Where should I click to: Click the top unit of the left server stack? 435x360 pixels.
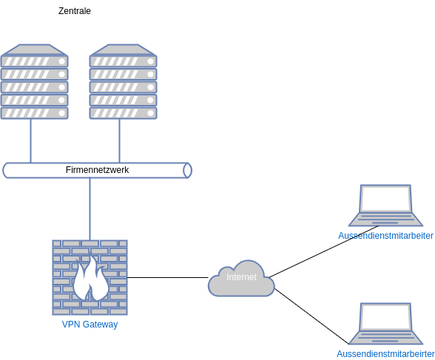tap(34, 59)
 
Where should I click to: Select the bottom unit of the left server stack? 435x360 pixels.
tap(34, 113)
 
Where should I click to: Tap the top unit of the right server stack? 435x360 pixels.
tap(123, 59)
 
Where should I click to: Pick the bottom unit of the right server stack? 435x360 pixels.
tap(123, 113)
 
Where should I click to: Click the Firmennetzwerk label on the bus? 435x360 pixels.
tap(97, 170)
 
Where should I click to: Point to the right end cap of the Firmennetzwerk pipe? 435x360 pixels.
tap(187, 171)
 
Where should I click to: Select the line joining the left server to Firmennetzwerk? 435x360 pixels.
tap(31, 140)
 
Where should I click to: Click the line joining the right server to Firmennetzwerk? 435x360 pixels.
tap(120, 140)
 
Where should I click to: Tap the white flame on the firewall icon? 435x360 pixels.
tap(90, 279)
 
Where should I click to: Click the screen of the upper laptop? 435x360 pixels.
tap(385, 199)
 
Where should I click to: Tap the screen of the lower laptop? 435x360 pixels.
tap(385, 317)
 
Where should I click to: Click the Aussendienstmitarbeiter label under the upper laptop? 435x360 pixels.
tap(385, 236)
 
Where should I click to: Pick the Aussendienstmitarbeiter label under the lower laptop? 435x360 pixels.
tap(385, 354)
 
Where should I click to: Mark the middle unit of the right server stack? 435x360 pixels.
tap(123, 86)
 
